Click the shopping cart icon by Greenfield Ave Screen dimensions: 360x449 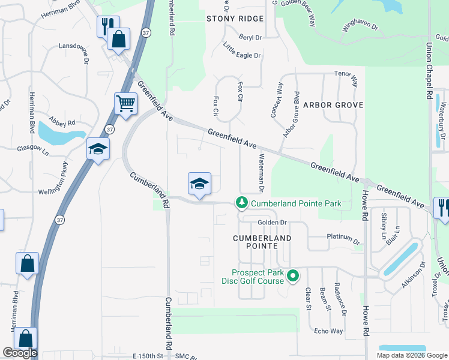point(126,104)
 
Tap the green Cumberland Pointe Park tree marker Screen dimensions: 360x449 point(242,203)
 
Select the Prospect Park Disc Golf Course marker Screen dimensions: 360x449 point(293,276)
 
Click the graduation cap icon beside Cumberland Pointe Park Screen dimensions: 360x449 point(200,184)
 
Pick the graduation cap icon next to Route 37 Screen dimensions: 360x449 point(98,150)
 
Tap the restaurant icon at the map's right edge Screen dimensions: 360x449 point(443,208)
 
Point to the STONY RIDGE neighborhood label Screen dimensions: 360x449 point(235,19)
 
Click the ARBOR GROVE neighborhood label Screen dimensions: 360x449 point(333,105)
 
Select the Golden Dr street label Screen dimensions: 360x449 point(274,223)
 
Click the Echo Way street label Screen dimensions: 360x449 point(328,331)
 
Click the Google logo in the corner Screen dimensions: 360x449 point(20,353)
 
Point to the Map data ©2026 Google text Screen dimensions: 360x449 point(411,355)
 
